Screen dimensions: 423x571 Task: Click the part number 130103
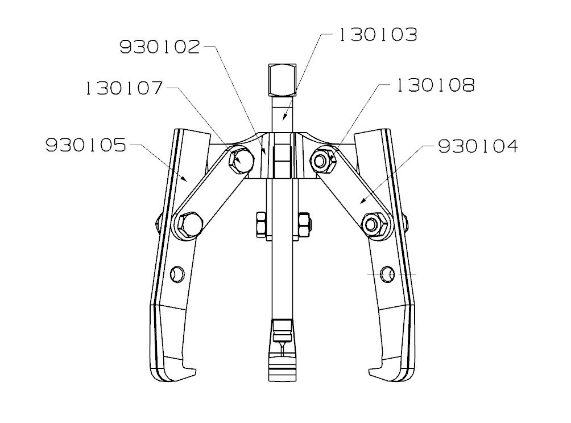click(x=378, y=35)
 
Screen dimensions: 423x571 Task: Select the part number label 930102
click(x=160, y=47)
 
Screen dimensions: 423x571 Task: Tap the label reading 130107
click(x=124, y=88)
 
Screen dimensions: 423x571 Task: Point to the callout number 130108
click(x=435, y=86)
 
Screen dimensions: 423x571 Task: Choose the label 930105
click(x=85, y=146)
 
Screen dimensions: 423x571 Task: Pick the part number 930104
click(x=478, y=147)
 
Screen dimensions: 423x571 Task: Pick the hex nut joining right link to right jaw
click(x=374, y=223)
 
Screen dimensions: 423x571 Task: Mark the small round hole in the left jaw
click(x=178, y=274)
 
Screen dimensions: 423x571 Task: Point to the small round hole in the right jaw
click(x=388, y=274)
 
